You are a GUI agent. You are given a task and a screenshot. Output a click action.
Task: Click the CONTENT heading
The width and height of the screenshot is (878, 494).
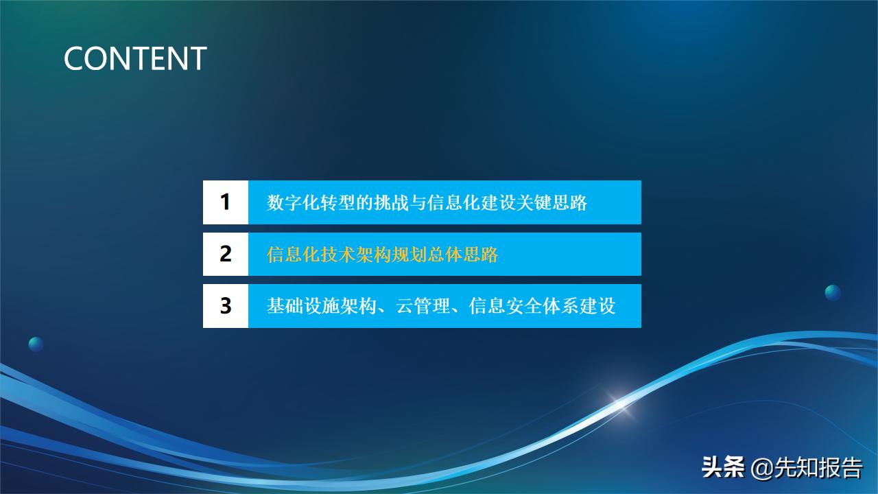135,59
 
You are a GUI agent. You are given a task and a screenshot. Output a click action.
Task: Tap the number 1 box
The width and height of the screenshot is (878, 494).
225,202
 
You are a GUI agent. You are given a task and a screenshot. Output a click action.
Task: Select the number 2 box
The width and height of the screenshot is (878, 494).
225,254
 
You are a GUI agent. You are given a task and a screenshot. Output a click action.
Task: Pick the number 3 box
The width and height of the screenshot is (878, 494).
225,305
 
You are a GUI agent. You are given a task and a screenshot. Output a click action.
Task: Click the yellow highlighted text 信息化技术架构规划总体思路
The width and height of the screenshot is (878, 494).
382,255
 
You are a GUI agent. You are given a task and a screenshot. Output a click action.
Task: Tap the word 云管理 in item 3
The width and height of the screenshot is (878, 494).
420,306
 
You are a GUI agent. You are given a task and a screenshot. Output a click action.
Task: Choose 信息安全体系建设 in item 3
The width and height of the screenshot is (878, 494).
542,306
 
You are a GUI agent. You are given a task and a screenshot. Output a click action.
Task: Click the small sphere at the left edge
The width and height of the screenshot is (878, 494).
36,344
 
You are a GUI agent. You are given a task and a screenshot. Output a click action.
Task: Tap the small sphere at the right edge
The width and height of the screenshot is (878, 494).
833,292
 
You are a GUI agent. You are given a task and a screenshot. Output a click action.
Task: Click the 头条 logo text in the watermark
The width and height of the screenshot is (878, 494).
723,469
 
